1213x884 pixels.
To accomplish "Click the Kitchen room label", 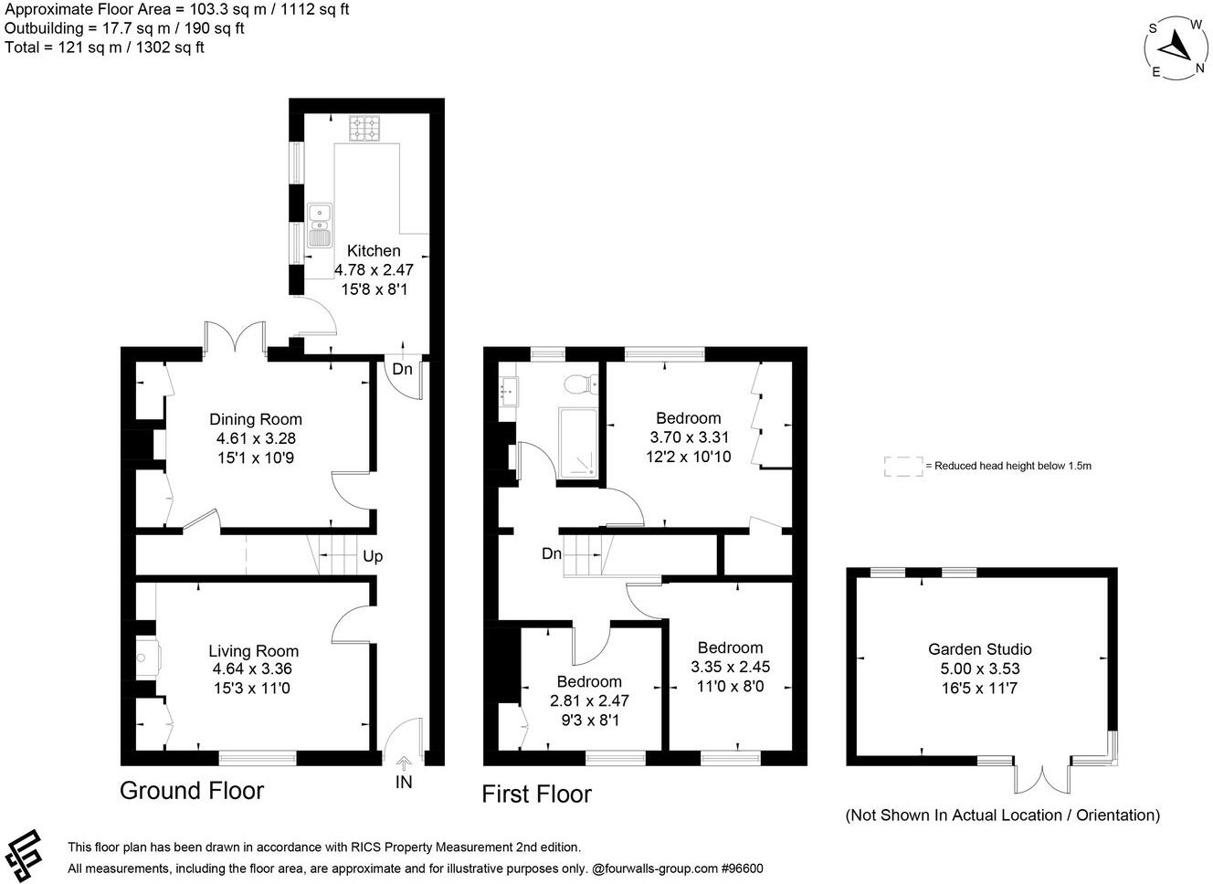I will [x=374, y=251].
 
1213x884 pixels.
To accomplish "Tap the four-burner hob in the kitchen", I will [x=363, y=129].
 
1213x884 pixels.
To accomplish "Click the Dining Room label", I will [x=256, y=419].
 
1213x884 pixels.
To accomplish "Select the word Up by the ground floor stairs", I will [x=373, y=556].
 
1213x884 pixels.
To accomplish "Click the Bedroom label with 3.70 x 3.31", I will [x=688, y=418].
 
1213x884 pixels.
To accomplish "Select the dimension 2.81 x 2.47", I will [x=589, y=701].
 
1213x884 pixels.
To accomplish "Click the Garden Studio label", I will [x=979, y=649].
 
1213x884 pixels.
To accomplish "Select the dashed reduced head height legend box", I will [x=902, y=466].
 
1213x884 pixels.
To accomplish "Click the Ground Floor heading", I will [x=192, y=790].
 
